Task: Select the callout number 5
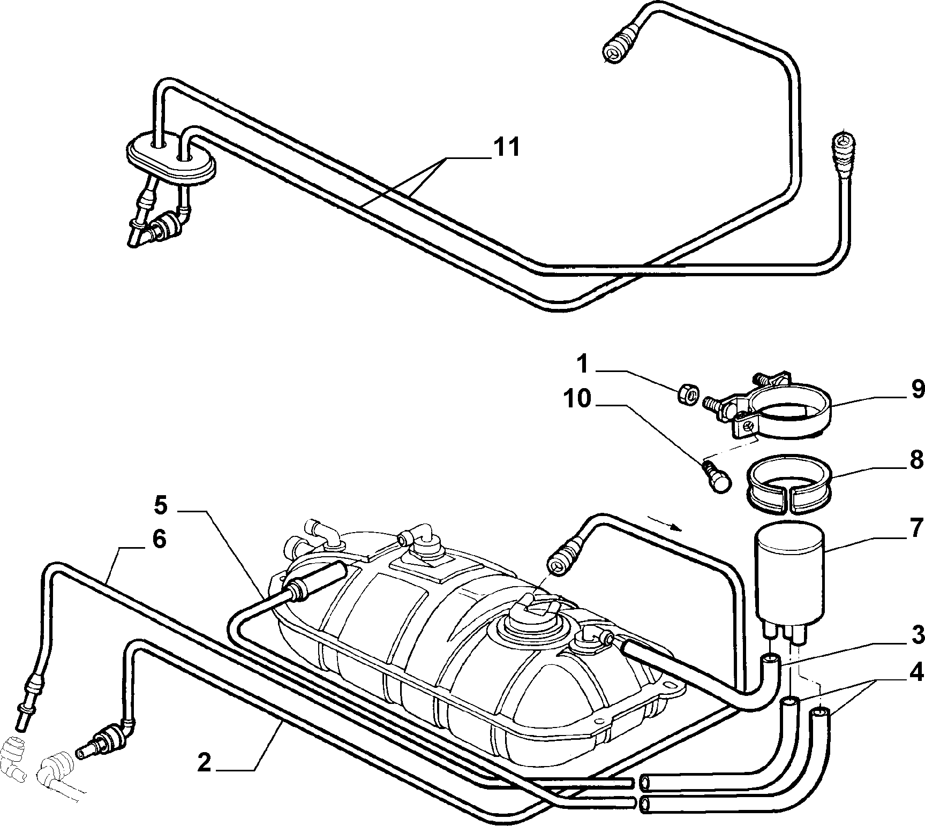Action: point(161,505)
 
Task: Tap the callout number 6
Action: point(159,540)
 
